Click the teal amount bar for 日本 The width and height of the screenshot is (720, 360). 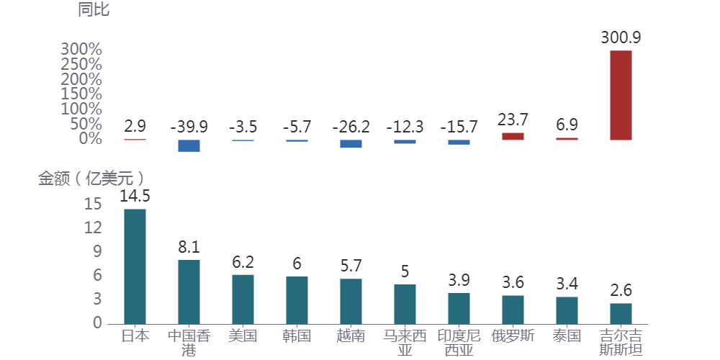pyautogui.click(x=135, y=266)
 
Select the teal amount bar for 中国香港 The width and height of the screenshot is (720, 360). pyautogui.click(x=189, y=292)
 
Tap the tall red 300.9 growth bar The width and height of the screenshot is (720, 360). pyautogui.click(x=621, y=95)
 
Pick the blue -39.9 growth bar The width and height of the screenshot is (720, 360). pyautogui.click(x=189, y=145)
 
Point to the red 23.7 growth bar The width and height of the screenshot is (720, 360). pyautogui.click(x=513, y=136)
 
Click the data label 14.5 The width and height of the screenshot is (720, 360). pyautogui.click(x=135, y=196)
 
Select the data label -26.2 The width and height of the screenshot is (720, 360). pyautogui.click(x=351, y=127)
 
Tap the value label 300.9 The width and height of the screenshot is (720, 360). pyautogui.click(x=621, y=37)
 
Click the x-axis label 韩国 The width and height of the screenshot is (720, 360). pyautogui.click(x=297, y=336)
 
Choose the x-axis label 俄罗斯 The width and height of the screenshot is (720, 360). pyautogui.click(x=513, y=336)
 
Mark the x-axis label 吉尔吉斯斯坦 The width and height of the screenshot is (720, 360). pyautogui.click(x=621, y=343)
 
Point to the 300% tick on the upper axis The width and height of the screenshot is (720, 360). pyautogui.click(x=81, y=49)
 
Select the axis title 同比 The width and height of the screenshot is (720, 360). pyautogui.click(x=93, y=10)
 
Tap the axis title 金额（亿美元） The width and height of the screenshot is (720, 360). pyautogui.click(x=91, y=179)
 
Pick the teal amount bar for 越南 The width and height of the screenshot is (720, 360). pyautogui.click(x=351, y=301)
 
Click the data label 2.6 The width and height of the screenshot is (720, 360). pyautogui.click(x=621, y=290)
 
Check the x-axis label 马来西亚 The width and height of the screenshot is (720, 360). pyautogui.click(x=405, y=343)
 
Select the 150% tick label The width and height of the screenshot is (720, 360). pyautogui.click(x=81, y=94)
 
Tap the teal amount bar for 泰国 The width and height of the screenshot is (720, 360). pyautogui.click(x=567, y=310)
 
